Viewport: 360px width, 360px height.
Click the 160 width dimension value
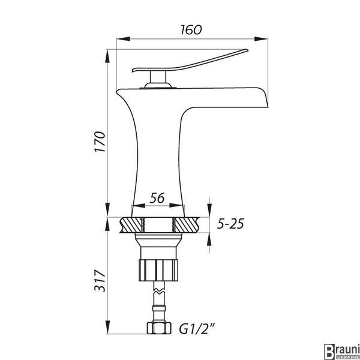click(x=191, y=30)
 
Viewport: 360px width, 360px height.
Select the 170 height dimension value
click(x=100, y=142)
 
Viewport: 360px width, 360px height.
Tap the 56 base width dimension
click(x=157, y=198)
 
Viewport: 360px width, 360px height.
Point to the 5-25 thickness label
click(x=230, y=224)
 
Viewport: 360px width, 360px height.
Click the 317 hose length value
click(x=100, y=281)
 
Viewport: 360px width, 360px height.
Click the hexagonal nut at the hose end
click(x=159, y=328)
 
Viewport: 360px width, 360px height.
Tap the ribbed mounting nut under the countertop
click(x=158, y=270)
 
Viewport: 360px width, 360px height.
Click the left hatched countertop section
click(x=131, y=225)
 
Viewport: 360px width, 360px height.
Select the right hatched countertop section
click(x=187, y=225)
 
